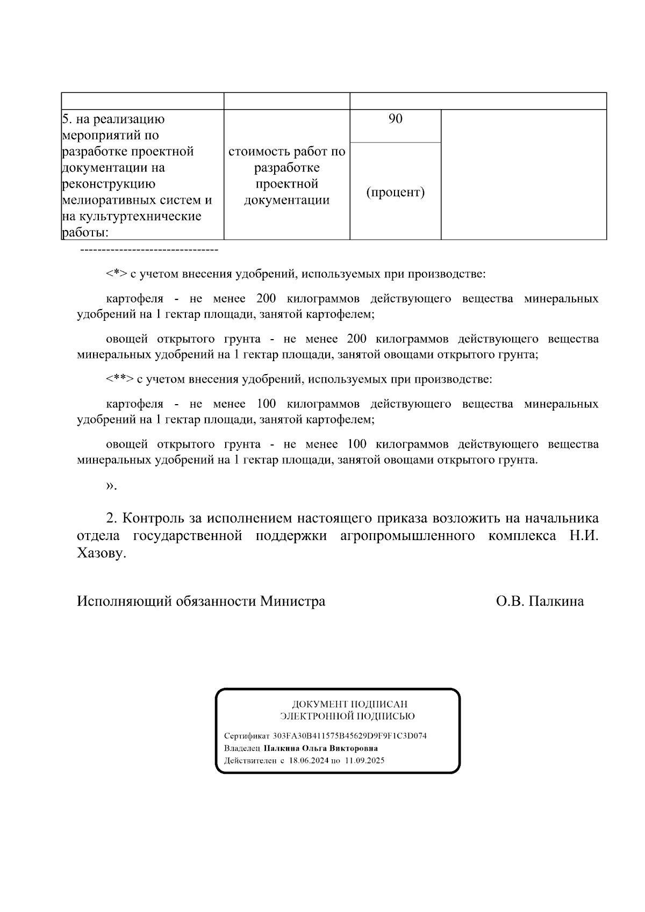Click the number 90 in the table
point(395,119)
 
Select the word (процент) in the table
point(395,192)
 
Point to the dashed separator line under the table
point(149,250)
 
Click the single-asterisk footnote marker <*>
point(116,274)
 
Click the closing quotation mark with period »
point(111,486)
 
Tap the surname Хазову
point(102,554)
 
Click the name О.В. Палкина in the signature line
point(540,601)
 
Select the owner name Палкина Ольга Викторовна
point(320,748)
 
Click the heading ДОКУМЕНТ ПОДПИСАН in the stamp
point(349,704)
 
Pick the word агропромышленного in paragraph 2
point(407,536)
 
